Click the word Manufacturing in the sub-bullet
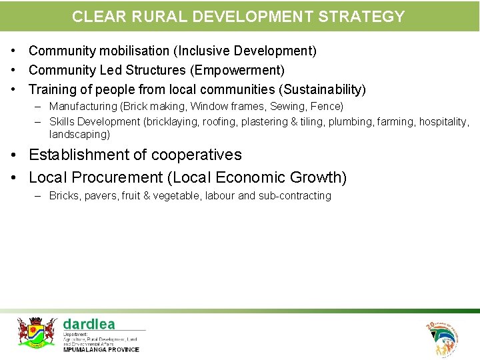(83, 107)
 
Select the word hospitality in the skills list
(444, 122)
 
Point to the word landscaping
(79, 134)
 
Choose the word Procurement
(117, 178)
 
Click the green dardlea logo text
(89, 324)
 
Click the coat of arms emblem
(37, 331)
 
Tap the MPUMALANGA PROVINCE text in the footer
(101, 349)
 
